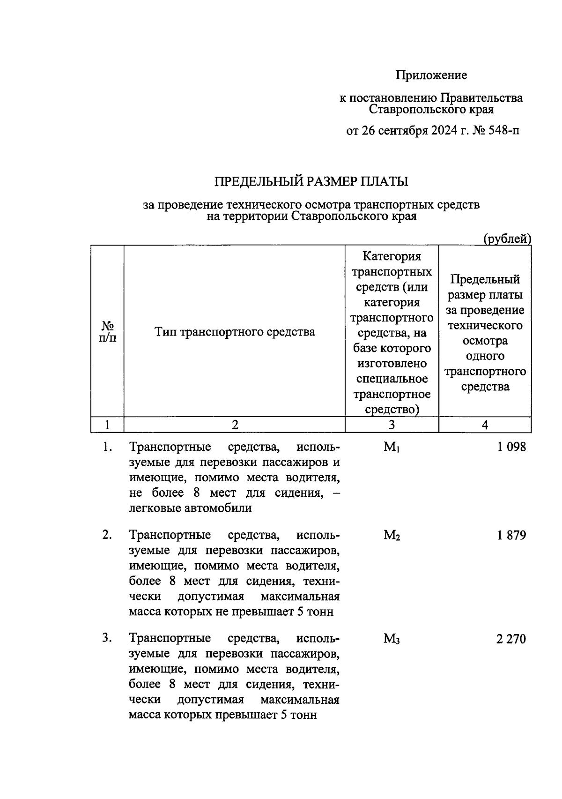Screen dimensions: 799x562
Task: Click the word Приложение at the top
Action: point(431,75)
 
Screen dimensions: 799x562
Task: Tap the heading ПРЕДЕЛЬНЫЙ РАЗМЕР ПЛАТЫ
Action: point(311,181)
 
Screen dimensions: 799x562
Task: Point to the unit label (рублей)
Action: point(507,239)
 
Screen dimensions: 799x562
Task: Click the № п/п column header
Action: point(108,331)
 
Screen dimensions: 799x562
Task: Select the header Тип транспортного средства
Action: point(235,332)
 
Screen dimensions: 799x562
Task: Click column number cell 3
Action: point(392,425)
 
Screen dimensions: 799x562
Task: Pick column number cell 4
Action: point(485,425)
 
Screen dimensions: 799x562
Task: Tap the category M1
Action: point(392,448)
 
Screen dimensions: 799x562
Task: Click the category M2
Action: point(392,535)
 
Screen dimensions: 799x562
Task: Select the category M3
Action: point(392,638)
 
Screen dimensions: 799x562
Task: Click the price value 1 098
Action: point(511,447)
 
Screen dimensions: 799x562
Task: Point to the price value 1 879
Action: point(511,535)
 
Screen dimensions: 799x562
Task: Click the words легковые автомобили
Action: point(190,508)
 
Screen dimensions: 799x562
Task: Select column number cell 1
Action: point(108,425)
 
